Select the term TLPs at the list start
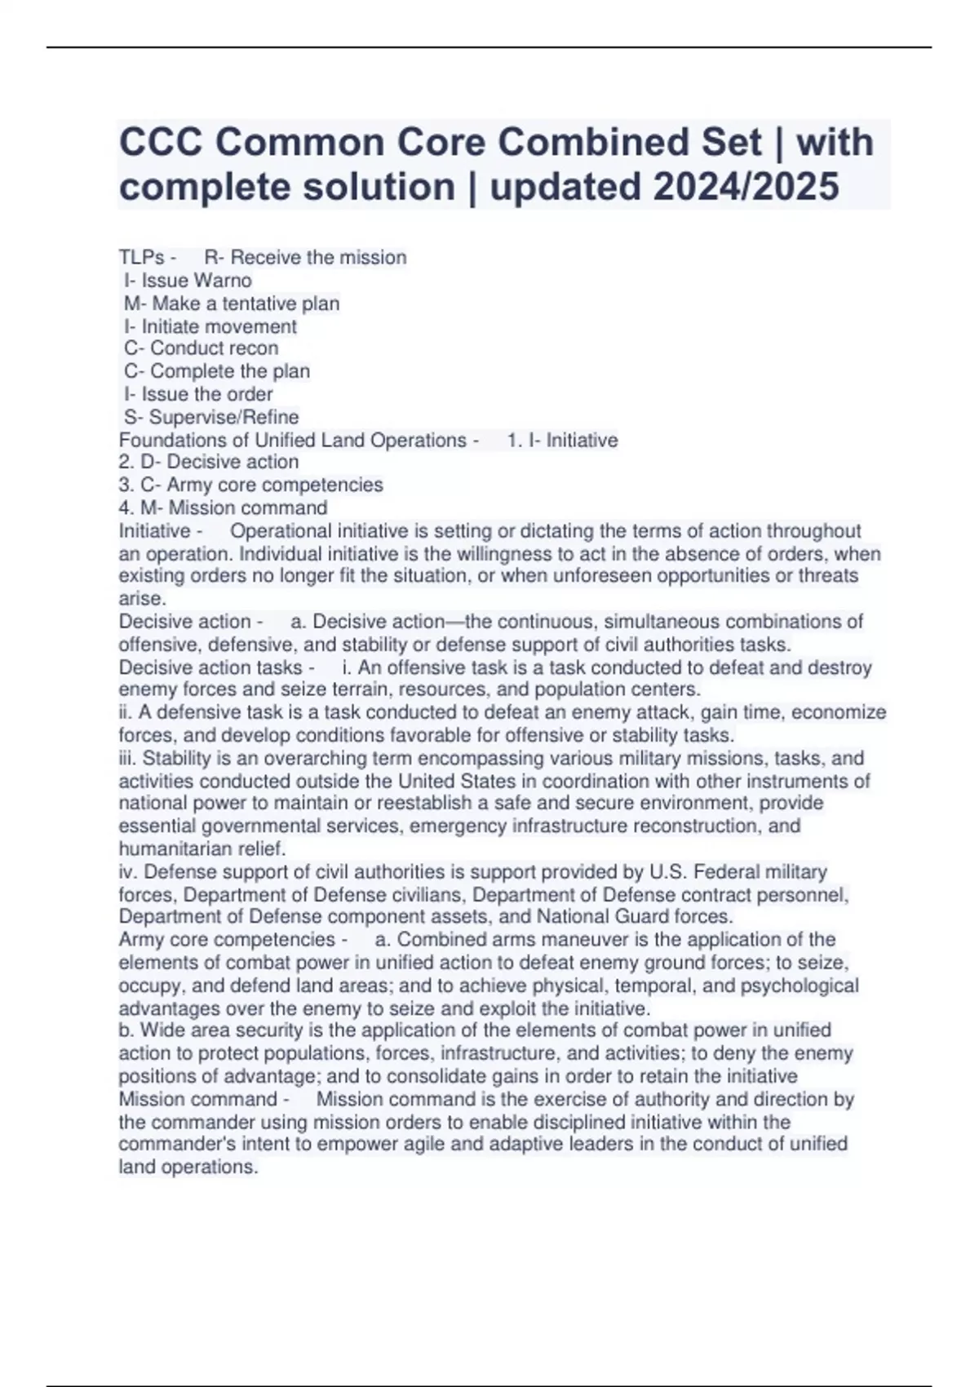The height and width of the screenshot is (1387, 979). pos(141,258)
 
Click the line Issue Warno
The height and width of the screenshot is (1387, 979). pos(188,281)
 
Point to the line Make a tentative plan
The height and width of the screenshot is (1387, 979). pos(232,304)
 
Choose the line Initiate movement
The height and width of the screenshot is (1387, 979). pos(210,326)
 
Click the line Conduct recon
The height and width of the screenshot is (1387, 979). pos(202,348)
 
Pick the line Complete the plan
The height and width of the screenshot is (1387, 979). pos(217,371)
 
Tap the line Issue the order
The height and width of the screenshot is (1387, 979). pos(198,394)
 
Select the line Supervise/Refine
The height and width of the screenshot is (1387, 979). pos(211,417)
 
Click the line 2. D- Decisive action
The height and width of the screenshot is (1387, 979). pos(209,462)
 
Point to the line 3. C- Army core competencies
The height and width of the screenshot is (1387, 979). pos(250,485)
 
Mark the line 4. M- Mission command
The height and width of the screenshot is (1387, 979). pos(223,507)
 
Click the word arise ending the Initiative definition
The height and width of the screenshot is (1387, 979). pos(141,599)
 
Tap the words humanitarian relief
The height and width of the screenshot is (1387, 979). pos(202,849)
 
